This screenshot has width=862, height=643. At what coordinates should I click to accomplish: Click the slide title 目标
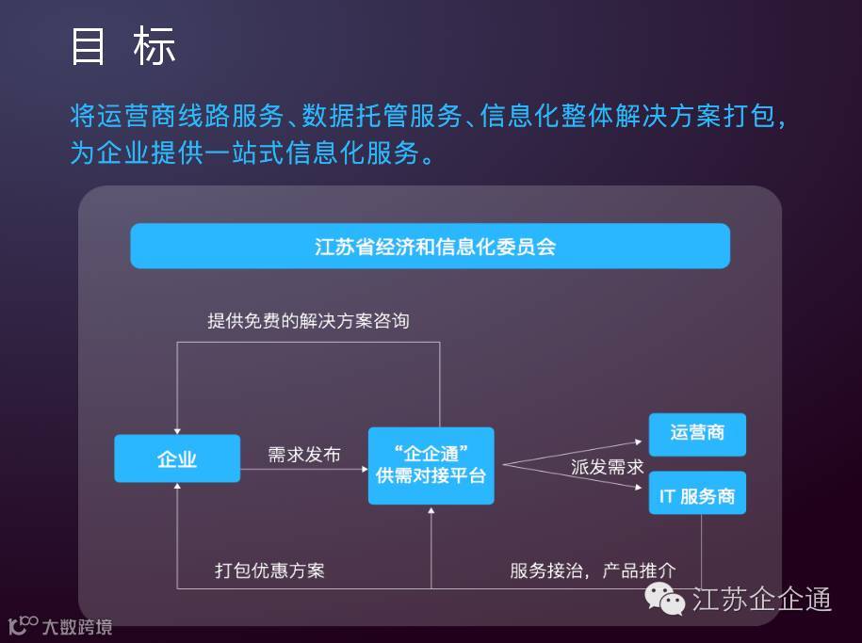click(x=123, y=46)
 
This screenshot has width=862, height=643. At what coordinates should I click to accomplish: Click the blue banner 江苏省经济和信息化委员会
click(x=430, y=246)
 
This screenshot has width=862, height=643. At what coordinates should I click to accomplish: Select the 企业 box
click(x=177, y=458)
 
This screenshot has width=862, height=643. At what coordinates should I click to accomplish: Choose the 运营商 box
click(x=697, y=433)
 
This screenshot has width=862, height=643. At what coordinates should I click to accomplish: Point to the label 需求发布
click(x=303, y=456)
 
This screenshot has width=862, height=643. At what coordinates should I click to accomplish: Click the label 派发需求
click(x=607, y=467)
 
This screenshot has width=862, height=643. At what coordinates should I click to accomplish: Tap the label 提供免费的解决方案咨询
click(x=308, y=321)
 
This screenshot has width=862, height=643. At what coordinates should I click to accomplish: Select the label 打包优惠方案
click(x=269, y=571)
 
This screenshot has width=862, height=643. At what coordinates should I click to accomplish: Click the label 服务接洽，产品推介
click(x=593, y=571)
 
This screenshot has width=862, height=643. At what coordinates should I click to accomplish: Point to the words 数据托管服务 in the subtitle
click(x=380, y=117)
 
